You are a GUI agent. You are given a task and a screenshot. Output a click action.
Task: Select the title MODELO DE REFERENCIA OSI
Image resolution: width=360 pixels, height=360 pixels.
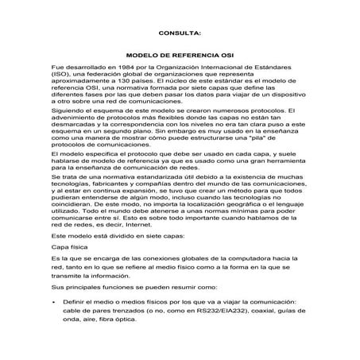tap(180, 57)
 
